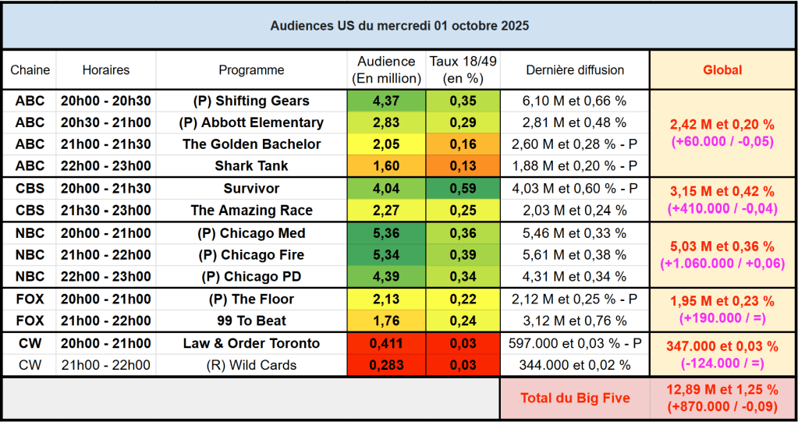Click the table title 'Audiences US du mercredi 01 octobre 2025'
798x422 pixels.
coord(399,26)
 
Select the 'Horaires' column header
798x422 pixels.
coord(106,70)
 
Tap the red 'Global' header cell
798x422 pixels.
coord(722,70)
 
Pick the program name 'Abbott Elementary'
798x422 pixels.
coord(251,122)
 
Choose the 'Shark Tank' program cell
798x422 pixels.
coord(251,166)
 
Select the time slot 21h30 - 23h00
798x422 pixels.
coord(106,211)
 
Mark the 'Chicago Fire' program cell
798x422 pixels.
coord(251,255)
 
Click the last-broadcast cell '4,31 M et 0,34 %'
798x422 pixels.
coord(575,277)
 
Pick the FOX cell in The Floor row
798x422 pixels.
coord(30,300)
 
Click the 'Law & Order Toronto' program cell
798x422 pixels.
coord(251,344)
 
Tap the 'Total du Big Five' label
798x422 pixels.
coord(575,398)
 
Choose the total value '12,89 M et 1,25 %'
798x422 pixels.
coord(722,390)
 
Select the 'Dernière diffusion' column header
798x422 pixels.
coord(575,70)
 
